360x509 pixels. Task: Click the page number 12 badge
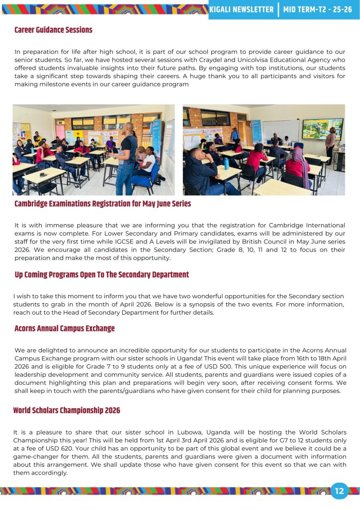click(340, 491)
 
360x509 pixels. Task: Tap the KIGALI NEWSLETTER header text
click(242, 9)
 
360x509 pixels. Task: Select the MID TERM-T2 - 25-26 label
click(317, 9)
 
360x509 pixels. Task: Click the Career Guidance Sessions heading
click(53, 30)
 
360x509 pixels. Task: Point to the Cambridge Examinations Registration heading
click(102, 204)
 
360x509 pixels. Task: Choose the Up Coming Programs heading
click(101, 275)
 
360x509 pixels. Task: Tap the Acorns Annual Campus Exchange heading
click(64, 329)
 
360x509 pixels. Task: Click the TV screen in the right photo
click(322, 128)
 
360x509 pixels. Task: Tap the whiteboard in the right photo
click(280, 130)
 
